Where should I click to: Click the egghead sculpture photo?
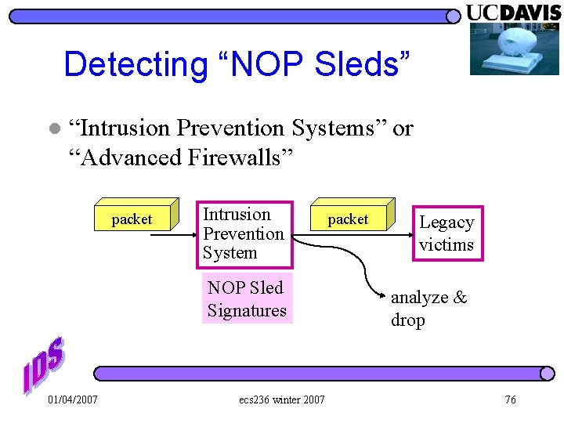[x=514, y=49]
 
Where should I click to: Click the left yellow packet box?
[x=133, y=219]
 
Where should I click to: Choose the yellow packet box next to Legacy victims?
[x=349, y=219]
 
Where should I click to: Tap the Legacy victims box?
[x=446, y=233]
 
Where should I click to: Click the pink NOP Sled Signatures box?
[x=247, y=299]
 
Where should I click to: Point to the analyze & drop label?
[x=428, y=309]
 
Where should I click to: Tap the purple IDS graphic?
[x=44, y=365]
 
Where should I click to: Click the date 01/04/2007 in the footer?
[x=73, y=400]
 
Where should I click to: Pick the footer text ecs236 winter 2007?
[x=282, y=400]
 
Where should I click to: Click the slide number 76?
[x=510, y=400]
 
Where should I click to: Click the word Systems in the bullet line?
[x=337, y=128]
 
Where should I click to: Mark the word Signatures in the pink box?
[x=247, y=311]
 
